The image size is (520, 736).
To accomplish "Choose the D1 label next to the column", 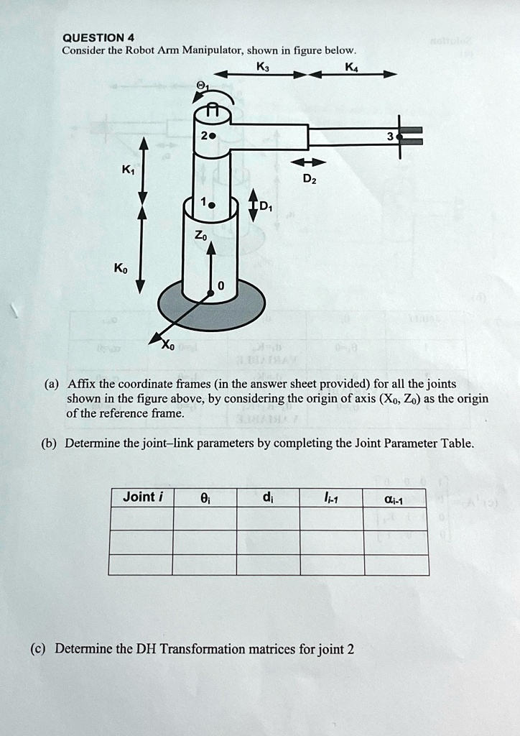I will pyautogui.click(x=266, y=208).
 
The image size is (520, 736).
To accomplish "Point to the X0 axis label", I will pyautogui.click(x=167, y=345).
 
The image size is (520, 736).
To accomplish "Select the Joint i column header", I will pyautogui.click(x=143, y=497).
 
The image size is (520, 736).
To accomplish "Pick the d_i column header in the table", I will pyautogui.click(x=268, y=497).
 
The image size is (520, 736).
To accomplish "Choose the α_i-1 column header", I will pyautogui.click(x=396, y=497).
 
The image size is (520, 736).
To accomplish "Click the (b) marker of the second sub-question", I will pyautogui.click(x=52, y=443).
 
